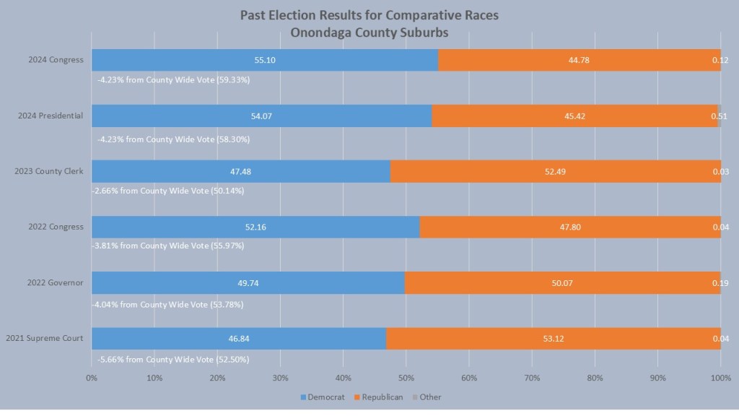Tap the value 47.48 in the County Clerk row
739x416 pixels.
[240, 171]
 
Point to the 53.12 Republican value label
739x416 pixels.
[554, 338]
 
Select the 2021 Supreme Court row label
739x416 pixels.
[45, 338]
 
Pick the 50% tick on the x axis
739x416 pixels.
[406, 377]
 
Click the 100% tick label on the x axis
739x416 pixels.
[720, 377]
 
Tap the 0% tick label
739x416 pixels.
[92, 377]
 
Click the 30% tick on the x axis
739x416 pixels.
[281, 377]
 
